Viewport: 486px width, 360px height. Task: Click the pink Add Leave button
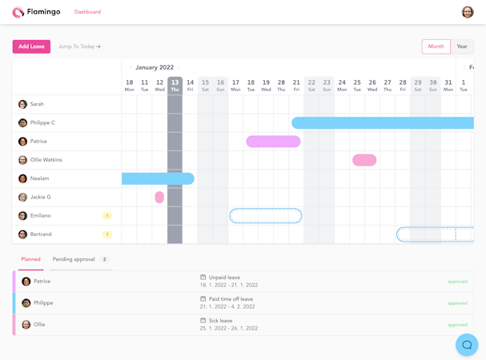pos(31,46)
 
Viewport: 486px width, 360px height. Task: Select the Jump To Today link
pos(79,46)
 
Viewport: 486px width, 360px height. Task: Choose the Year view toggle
pos(462,46)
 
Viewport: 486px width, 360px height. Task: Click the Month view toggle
pos(436,46)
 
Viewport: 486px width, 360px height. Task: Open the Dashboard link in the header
pos(87,12)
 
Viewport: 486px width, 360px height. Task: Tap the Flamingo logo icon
pos(18,12)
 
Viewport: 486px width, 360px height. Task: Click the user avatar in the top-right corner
pos(468,12)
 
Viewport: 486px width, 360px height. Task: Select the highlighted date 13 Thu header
pos(175,85)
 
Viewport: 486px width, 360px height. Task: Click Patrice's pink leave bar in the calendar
pos(273,142)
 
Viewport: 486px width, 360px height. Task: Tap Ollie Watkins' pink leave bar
pos(364,160)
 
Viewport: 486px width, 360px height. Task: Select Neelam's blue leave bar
pos(158,178)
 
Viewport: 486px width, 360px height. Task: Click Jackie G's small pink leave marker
pos(159,197)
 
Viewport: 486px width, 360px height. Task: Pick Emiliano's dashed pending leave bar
pos(266,216)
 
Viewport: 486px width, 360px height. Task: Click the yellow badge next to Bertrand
pos(107,234)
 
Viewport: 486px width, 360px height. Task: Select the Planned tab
pos(31,259)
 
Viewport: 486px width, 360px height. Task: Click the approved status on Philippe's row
pos(457,303)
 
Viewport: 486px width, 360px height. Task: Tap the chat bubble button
pos(467,345)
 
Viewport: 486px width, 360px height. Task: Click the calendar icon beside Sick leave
pos(203,321)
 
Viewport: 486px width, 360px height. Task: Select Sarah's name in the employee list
pos(37,104)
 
